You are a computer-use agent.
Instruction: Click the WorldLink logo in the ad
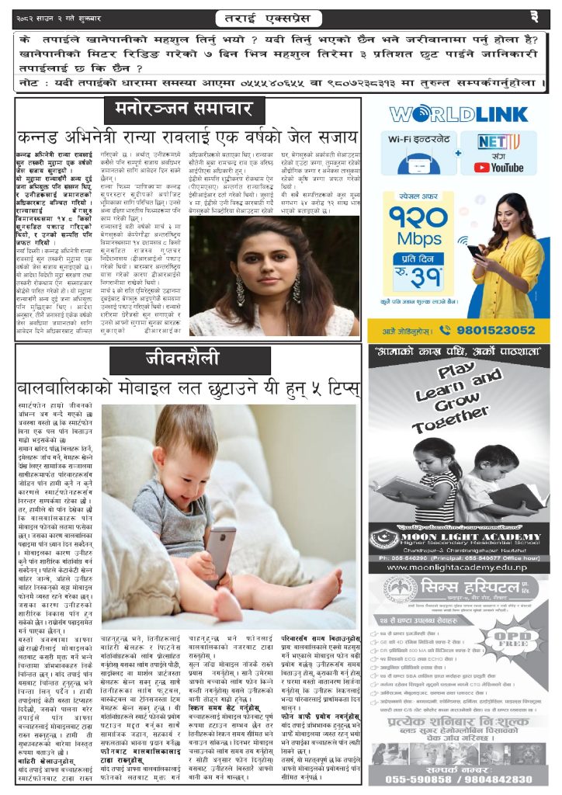(458, 115)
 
